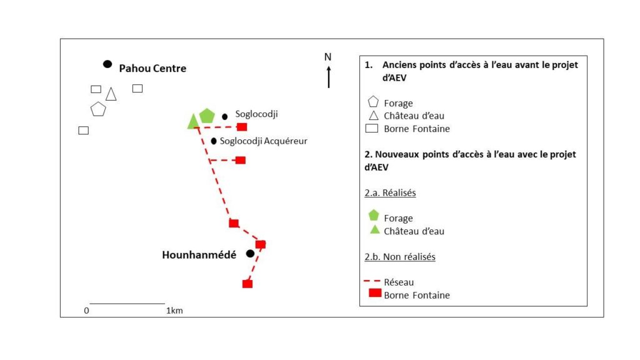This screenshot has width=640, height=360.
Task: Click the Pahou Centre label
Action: coord(152,68)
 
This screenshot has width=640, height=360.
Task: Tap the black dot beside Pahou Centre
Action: coord(107,64)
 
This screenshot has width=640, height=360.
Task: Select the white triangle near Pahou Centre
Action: coord(111,94)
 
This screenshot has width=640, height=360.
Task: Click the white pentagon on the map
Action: coord(98,109)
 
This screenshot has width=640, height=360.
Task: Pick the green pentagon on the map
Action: coord(207,116)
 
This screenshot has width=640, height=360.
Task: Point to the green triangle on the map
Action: coord(193,122)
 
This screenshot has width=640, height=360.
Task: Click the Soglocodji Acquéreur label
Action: coord(263,141)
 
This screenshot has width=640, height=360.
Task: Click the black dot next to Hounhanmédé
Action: coord(250,253)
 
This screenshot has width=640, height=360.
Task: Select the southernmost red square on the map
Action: coord(247,284)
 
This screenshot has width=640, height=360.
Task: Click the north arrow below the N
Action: coord(329,77)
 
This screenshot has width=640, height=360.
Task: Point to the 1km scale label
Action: coord(174,311)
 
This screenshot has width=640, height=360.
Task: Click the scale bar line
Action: coord(127,304)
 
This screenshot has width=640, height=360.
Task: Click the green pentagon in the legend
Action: coord(374,216)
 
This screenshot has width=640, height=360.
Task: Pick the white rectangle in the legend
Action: coord(373,129)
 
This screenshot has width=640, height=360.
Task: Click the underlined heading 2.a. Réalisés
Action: coord(391,193)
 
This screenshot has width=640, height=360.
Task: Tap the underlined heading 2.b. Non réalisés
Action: coord(400,257)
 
